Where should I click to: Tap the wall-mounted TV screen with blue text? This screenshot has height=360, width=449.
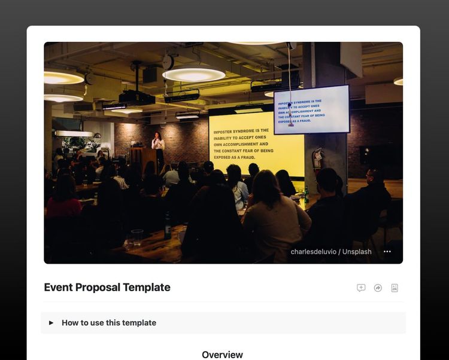[x=311, y=110]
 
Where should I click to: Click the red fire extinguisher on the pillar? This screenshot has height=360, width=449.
[x=318, y=159]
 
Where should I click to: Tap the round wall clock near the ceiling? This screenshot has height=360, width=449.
[x=168, y=62]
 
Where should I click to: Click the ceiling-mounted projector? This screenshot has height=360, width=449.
[x=137, y=97]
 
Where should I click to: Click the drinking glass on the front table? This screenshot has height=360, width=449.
[x=137, y=237]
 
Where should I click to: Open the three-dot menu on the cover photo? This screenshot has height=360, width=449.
[x=387, y=252]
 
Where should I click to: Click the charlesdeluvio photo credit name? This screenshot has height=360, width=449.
[x=313, y=252]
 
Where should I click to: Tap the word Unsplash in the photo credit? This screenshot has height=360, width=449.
[x=357, y=252]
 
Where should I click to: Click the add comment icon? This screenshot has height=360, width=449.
[x=361, y=288]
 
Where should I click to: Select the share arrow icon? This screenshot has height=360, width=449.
[x=378, y=288]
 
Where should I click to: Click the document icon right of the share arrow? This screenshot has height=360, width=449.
[x=395, y=288]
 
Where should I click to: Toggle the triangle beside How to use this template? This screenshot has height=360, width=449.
[x=51, y=323]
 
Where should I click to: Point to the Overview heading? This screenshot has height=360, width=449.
[x=222, y=355]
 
